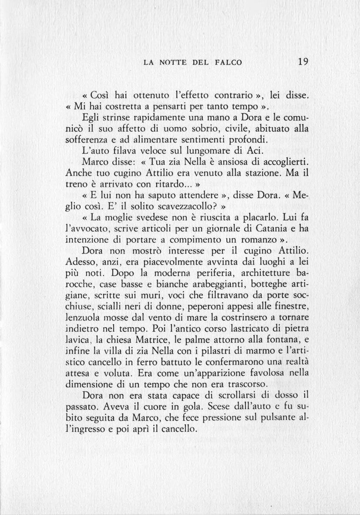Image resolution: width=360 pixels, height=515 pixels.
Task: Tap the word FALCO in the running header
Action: coord(228,63)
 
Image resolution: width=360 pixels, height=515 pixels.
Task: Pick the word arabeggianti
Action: coord(185,285)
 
